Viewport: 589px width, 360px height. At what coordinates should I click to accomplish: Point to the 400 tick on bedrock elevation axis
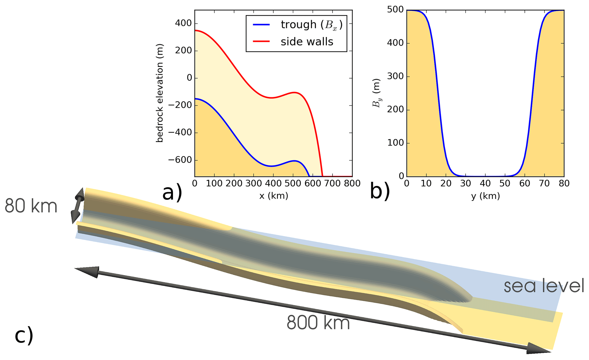pos(183,23)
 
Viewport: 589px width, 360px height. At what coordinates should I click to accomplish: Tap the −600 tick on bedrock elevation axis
pos(180,160)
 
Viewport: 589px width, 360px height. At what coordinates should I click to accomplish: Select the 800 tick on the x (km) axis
pos(352,183)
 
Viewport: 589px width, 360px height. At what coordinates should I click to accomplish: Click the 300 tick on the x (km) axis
pos(254,183)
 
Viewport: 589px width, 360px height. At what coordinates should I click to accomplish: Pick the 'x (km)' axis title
pos(274,196)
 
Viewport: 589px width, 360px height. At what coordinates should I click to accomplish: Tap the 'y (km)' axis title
pos(485,196)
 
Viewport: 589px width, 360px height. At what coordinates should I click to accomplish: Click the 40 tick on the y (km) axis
pos(485,183)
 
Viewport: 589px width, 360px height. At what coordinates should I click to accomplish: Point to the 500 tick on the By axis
pos(395,10)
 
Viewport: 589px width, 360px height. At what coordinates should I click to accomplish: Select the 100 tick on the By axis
pos(395,143)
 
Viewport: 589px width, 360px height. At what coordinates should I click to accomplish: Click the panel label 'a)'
pos(172,193)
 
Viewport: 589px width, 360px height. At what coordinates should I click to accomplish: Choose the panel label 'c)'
pos(24,336)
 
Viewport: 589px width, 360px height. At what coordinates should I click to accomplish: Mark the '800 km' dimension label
pos(318,323)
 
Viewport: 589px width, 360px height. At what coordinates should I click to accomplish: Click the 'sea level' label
pos(544,286)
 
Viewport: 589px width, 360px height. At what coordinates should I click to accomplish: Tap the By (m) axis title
pos(376,93)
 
